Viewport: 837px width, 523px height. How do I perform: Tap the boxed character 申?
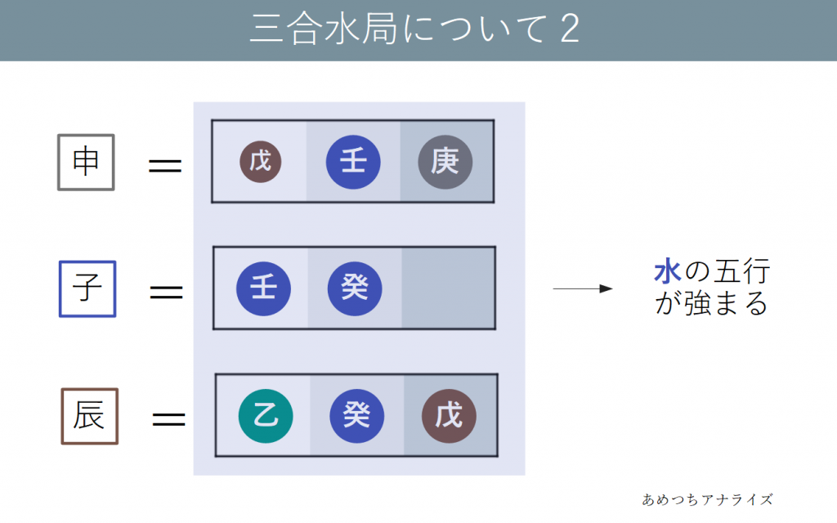(86, 162)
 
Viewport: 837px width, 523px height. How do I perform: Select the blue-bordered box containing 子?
(87, 288)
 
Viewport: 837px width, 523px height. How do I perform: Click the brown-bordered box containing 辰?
(90, 416)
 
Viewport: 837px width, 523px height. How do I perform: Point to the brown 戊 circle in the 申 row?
(261, 162)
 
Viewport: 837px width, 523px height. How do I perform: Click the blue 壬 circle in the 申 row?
(353, 162)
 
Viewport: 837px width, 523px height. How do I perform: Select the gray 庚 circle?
(445, 162)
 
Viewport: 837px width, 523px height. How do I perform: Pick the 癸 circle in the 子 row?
(355, 288)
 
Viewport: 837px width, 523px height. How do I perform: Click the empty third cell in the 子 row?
(448, 288)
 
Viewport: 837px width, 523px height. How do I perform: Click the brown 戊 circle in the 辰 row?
(449, 416)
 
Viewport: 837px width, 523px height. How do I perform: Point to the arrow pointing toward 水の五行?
(583, 288)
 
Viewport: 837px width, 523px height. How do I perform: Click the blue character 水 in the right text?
(668, 272)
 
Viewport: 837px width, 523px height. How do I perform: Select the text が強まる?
(711, 304)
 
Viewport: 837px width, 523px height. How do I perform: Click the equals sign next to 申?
(164, 166)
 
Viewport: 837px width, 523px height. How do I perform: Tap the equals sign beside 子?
(166, 292)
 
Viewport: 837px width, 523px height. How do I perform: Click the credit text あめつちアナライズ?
(707, 498)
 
